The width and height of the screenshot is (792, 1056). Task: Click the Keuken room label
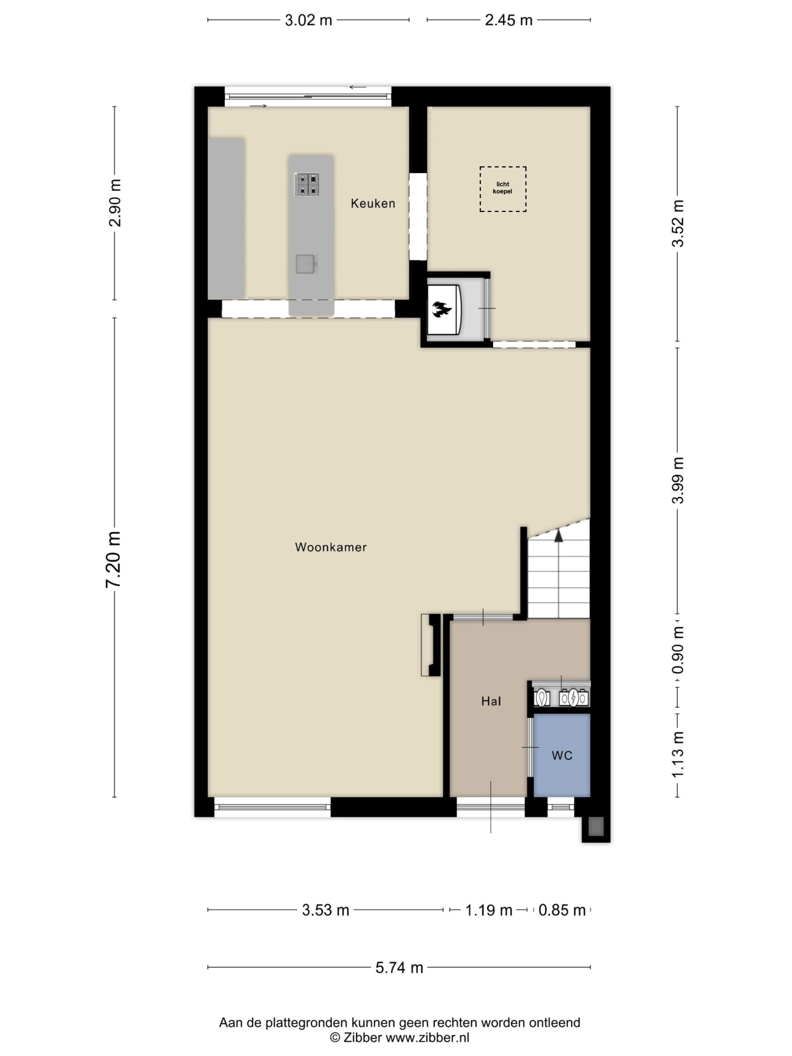point(373,203)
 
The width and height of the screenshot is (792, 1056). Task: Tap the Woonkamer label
point(331,547)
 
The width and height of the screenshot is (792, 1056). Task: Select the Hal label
point(491,701)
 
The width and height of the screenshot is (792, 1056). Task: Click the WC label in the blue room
point(562,756)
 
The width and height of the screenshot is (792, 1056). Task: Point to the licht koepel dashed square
point(503,189)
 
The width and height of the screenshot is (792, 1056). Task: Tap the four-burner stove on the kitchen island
point(306,185)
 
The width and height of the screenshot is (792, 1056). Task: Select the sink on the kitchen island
point(306,264)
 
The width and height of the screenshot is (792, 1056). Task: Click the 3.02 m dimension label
point(309,21)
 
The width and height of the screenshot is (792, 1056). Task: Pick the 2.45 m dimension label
point(509,21)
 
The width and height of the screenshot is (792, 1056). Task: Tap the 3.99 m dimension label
point(677,480)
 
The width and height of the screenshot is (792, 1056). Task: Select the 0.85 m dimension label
point(562,910)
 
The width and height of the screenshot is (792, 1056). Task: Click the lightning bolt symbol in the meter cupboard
point(572,698)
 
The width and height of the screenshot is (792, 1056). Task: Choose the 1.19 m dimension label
point(488,910)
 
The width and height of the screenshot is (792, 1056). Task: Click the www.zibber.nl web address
point(427,1037)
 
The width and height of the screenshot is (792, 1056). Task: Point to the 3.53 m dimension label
point(325,910)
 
